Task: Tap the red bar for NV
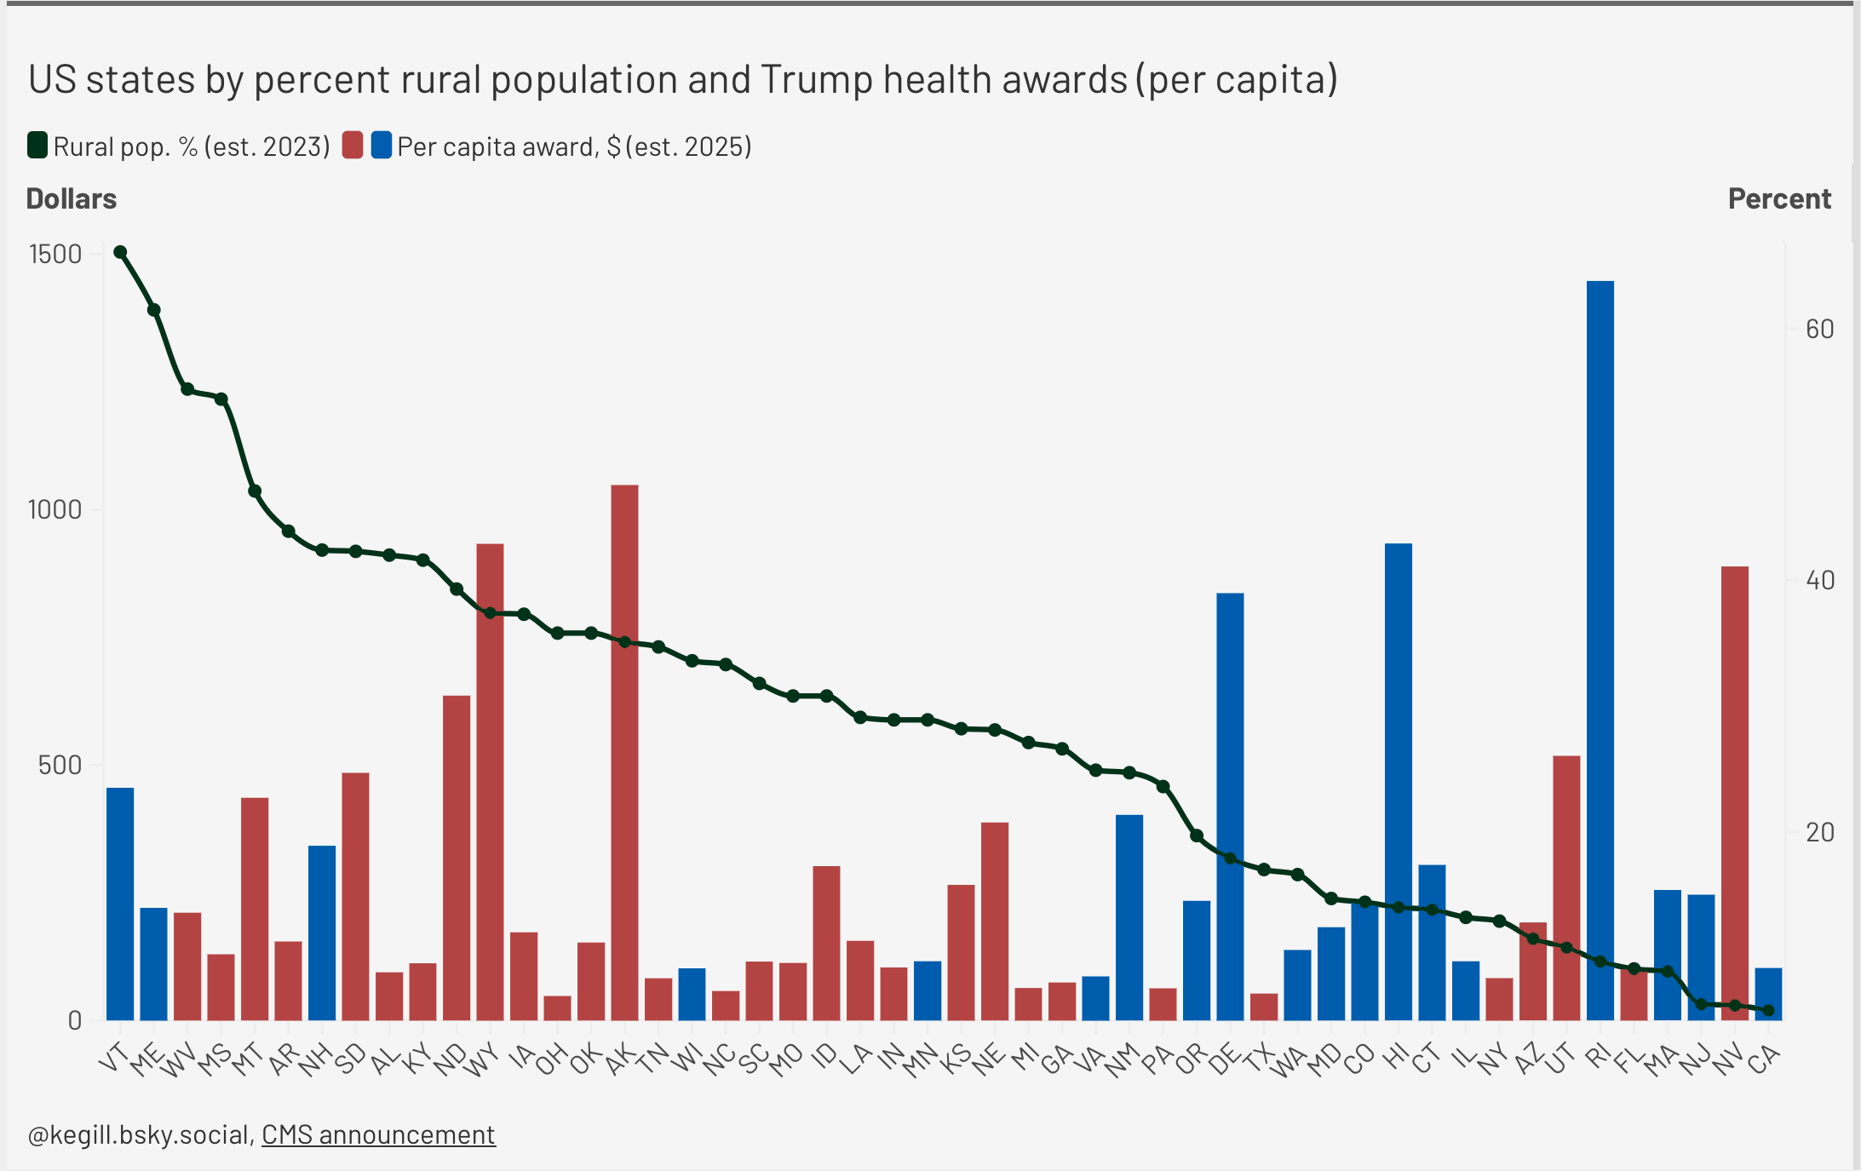1734,792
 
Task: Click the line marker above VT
120,252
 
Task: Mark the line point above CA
1768,1010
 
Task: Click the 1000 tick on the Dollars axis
55,509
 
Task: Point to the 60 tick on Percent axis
1819,330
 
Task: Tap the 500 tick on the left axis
60,765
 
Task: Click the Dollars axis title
72,198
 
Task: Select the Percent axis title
1779,198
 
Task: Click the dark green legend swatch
37,146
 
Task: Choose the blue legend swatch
382,146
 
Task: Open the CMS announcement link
378,1134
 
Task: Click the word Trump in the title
817,79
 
